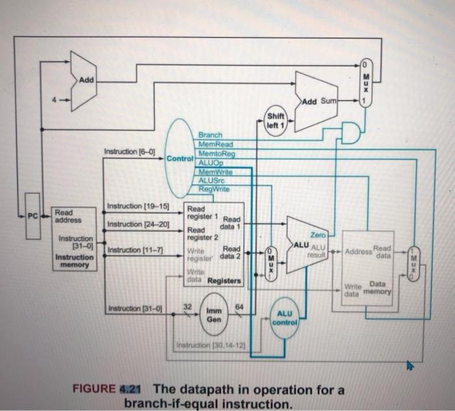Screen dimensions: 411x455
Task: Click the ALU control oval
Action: click(x=285, y=317)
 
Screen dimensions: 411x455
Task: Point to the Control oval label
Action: click(x=179, y=158)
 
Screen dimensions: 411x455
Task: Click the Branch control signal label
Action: click(x=210, y=133)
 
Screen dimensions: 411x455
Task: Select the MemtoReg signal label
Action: click(x=216, y=153)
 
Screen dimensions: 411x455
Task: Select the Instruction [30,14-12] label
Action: click(x=207, y=343)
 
